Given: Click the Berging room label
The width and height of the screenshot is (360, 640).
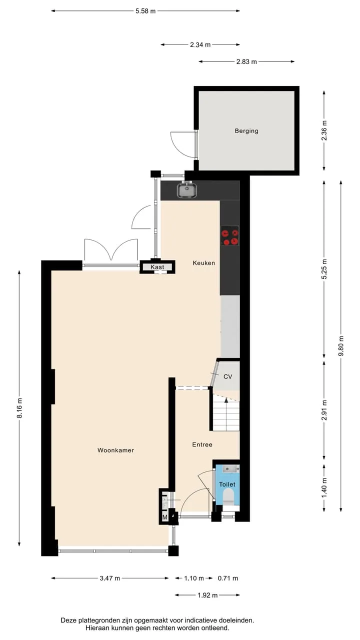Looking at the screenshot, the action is click(x=246, y=131).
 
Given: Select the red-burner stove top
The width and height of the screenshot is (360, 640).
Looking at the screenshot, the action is click(x=230, y=235).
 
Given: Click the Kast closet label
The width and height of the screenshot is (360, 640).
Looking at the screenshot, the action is click(x=157, y=267).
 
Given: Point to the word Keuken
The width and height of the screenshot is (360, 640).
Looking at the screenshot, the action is click(x=203, y=263).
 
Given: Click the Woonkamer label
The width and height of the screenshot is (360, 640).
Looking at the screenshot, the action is click(x=115, y=450).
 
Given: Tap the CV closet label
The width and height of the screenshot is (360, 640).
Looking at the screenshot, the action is click(x=227, y=376).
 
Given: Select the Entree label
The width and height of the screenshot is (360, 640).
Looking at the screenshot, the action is click(x=202, y=444).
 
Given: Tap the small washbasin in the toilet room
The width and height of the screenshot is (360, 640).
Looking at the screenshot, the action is click(x=231, y=469).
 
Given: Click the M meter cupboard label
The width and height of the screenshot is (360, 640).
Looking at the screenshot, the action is click(x=165, y=517).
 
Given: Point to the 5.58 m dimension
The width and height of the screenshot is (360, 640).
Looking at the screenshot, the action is click(x=145, y=11).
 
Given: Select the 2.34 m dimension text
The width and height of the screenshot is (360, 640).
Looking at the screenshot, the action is click(x=200, y=44).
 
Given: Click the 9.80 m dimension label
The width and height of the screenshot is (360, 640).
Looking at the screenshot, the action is click(x=341, y=346).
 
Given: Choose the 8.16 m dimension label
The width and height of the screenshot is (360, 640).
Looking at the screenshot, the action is click(x=19, y=408).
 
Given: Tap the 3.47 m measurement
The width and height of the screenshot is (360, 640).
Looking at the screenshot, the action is click(x=109, y=578).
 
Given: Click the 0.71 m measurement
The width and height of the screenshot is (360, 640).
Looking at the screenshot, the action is click(x=227, y=578).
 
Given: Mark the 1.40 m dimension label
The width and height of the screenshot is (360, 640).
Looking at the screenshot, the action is click(x=324, y=487).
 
